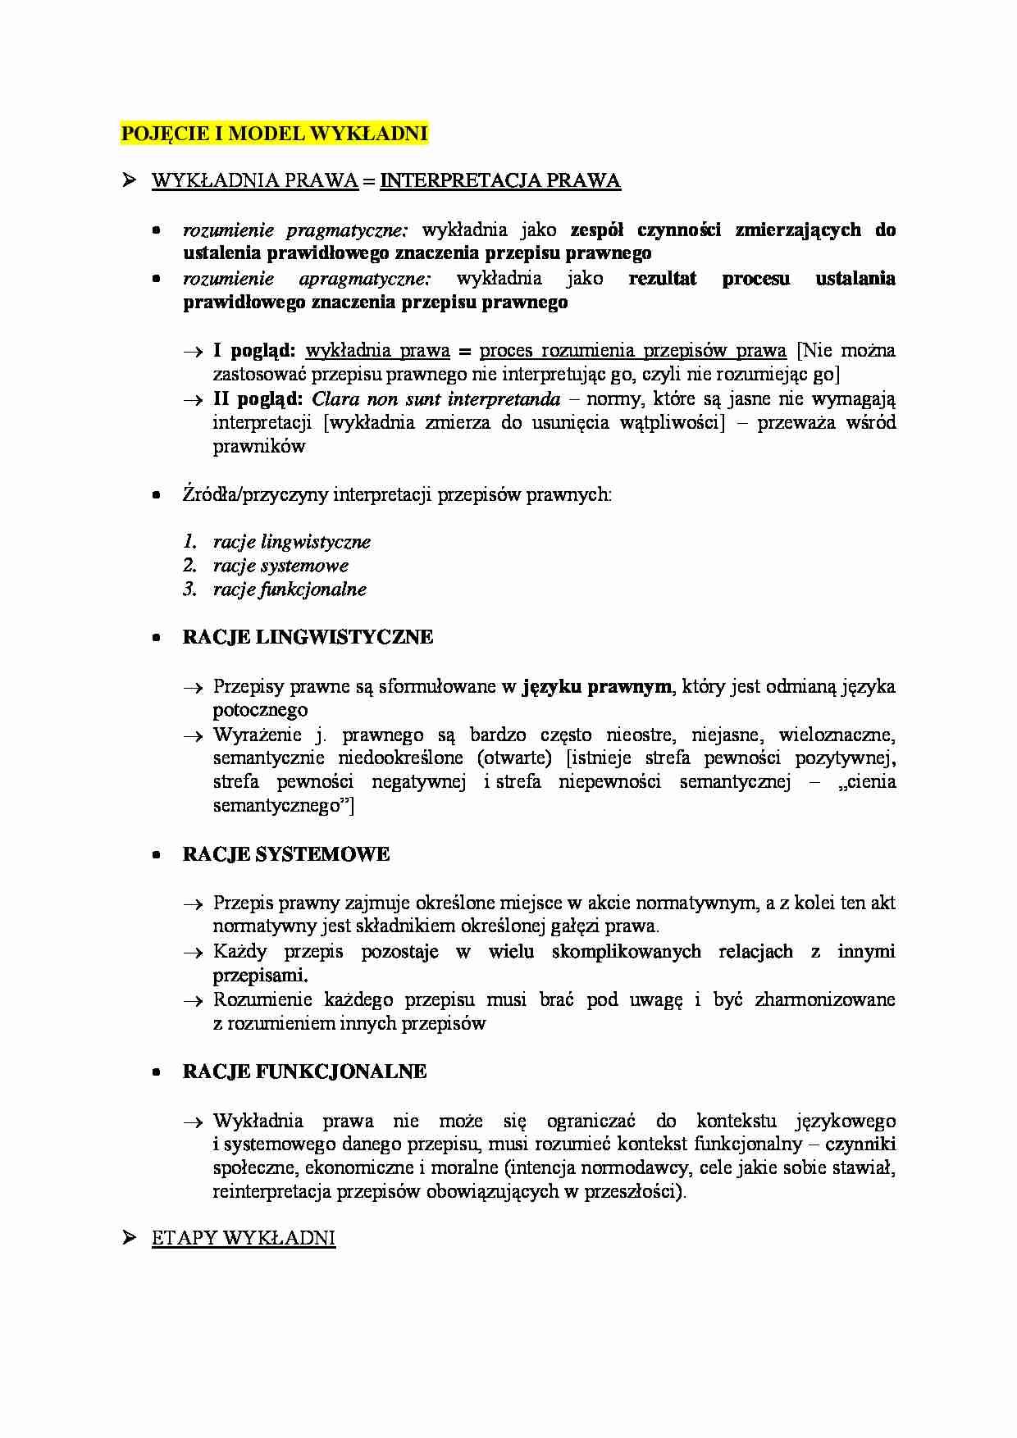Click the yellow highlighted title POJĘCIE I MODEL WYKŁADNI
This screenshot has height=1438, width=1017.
point(274,133)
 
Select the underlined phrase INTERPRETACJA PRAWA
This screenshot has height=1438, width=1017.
point(500,181)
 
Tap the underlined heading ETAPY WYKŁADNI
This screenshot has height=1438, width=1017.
point(244,1238)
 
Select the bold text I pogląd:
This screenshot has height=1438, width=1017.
point(254,351)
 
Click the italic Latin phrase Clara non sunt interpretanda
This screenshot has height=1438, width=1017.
point(436,399)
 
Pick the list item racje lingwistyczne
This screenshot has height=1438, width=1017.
point(292,542)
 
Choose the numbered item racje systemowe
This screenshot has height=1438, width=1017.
point(280,566)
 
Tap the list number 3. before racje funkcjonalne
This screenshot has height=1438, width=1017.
point(190,589)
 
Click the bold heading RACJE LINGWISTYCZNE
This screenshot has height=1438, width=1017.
point(308,638)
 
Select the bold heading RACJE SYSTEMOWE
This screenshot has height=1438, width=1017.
point(285,855)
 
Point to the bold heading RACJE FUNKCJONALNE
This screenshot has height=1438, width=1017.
point(304,1072)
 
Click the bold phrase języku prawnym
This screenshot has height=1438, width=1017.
point(596,687)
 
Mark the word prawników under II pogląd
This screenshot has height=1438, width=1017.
point(259,447)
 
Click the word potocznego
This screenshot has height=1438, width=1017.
point(261,710)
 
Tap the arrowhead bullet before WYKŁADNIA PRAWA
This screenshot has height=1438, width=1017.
point(129,180)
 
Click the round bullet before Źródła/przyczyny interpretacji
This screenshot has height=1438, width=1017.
point(156,495)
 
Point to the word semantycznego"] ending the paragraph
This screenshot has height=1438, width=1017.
point(284,806)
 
